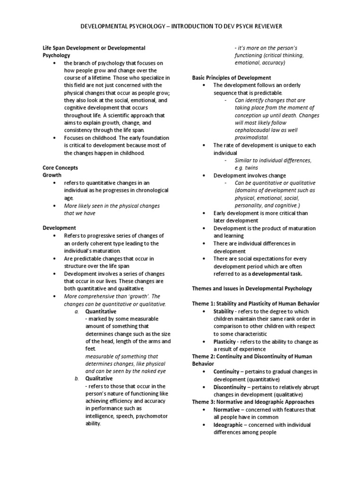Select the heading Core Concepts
click(x=60, y=167)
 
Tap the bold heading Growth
click(x=52, y=175)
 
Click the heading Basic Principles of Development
click(x=232, y=78)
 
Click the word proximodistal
click(x=251, y=138)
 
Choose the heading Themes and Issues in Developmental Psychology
click(x=252, y=288)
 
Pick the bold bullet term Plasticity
click(x=224, y=341)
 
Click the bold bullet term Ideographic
click(x=228, y=424)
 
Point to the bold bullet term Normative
click(x=225, y=409)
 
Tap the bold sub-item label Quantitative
click(x=101, y=311)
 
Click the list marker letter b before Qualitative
click(x=77, y=379)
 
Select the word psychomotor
click(x=153, y=416)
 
